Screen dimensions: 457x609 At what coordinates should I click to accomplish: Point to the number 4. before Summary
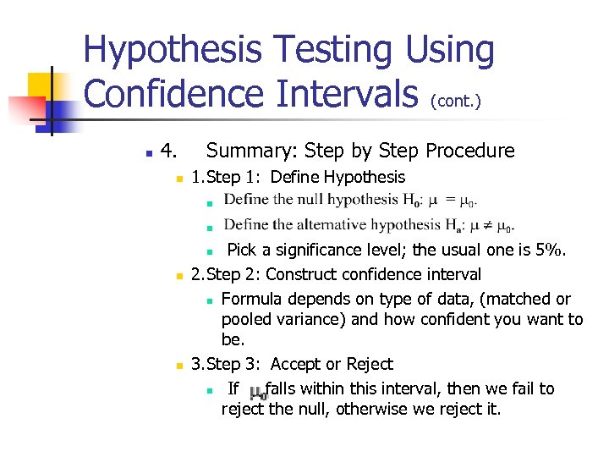tap(168, 151)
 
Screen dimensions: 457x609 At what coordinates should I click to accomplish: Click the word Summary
tap(250, 151)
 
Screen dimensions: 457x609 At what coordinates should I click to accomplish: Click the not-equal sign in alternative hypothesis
tap(488, 226)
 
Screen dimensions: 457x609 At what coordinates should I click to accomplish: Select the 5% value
tap(551, 251)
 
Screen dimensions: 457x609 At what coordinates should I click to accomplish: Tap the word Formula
tap(251, 299)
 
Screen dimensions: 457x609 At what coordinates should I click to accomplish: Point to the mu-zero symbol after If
tap(257, 392)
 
